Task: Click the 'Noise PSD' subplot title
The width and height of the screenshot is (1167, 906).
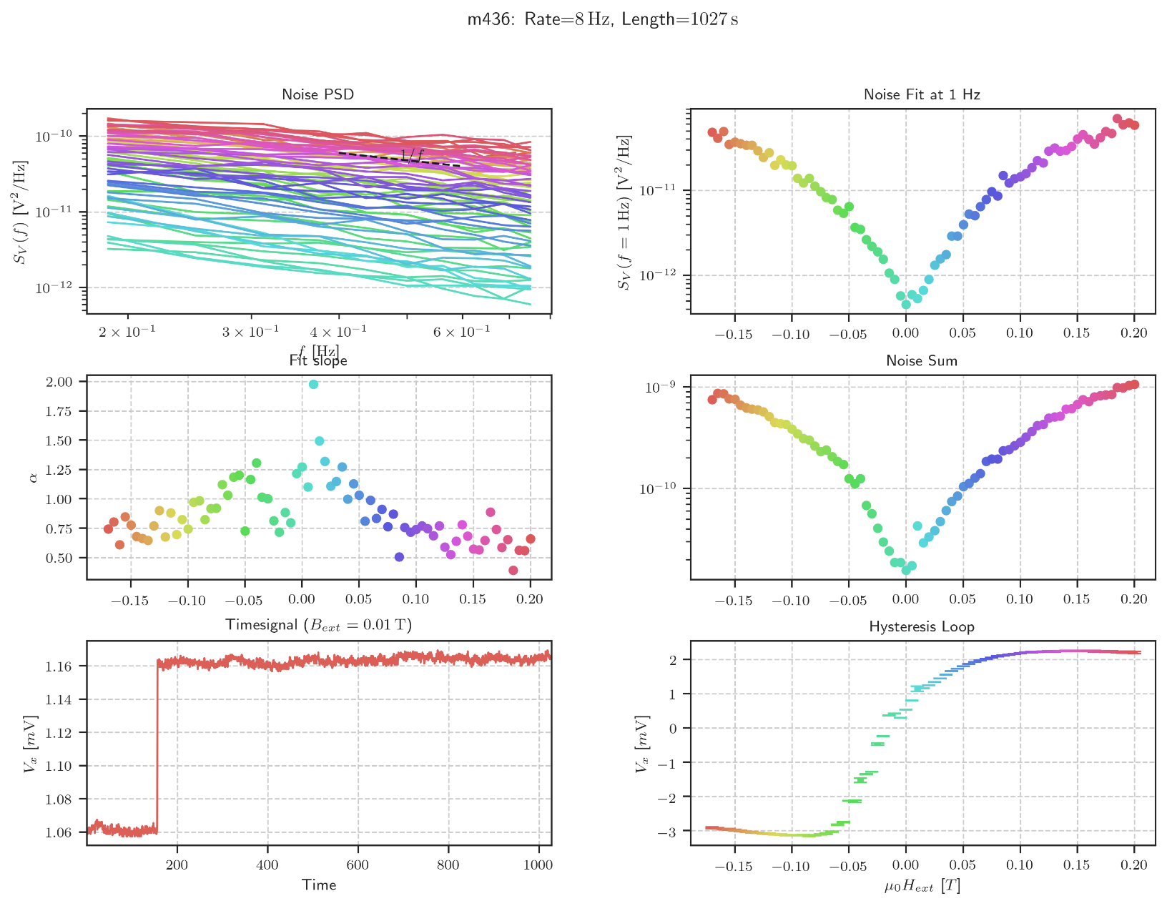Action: pos(318,94)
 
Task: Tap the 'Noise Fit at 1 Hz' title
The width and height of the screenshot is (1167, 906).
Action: pos(922,94)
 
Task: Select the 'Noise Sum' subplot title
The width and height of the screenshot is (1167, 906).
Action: pos(922,361)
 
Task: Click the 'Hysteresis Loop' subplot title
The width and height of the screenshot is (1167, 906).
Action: pos(922,627)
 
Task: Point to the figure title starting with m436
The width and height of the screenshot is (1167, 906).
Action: pos(603,19)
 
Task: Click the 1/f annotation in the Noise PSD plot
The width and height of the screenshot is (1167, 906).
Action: pos(412,155)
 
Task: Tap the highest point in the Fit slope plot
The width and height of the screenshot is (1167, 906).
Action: pos(313,385)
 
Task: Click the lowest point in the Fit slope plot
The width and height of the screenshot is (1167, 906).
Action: pos(513,570)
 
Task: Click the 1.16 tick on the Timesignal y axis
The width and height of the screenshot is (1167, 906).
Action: pos(64,666)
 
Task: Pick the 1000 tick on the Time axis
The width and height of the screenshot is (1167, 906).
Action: pos(538,865)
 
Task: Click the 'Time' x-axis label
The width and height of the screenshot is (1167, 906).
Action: pos(319,885)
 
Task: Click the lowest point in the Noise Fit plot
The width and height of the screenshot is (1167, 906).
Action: pos(906,305)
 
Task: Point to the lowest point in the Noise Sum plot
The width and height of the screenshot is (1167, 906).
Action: pos(906,570)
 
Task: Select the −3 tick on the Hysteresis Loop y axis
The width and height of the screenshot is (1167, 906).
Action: pos(671,831)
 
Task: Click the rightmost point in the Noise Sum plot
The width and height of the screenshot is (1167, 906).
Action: pos(1134,385)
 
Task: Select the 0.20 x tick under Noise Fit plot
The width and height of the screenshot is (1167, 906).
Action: pos(1133,333)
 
